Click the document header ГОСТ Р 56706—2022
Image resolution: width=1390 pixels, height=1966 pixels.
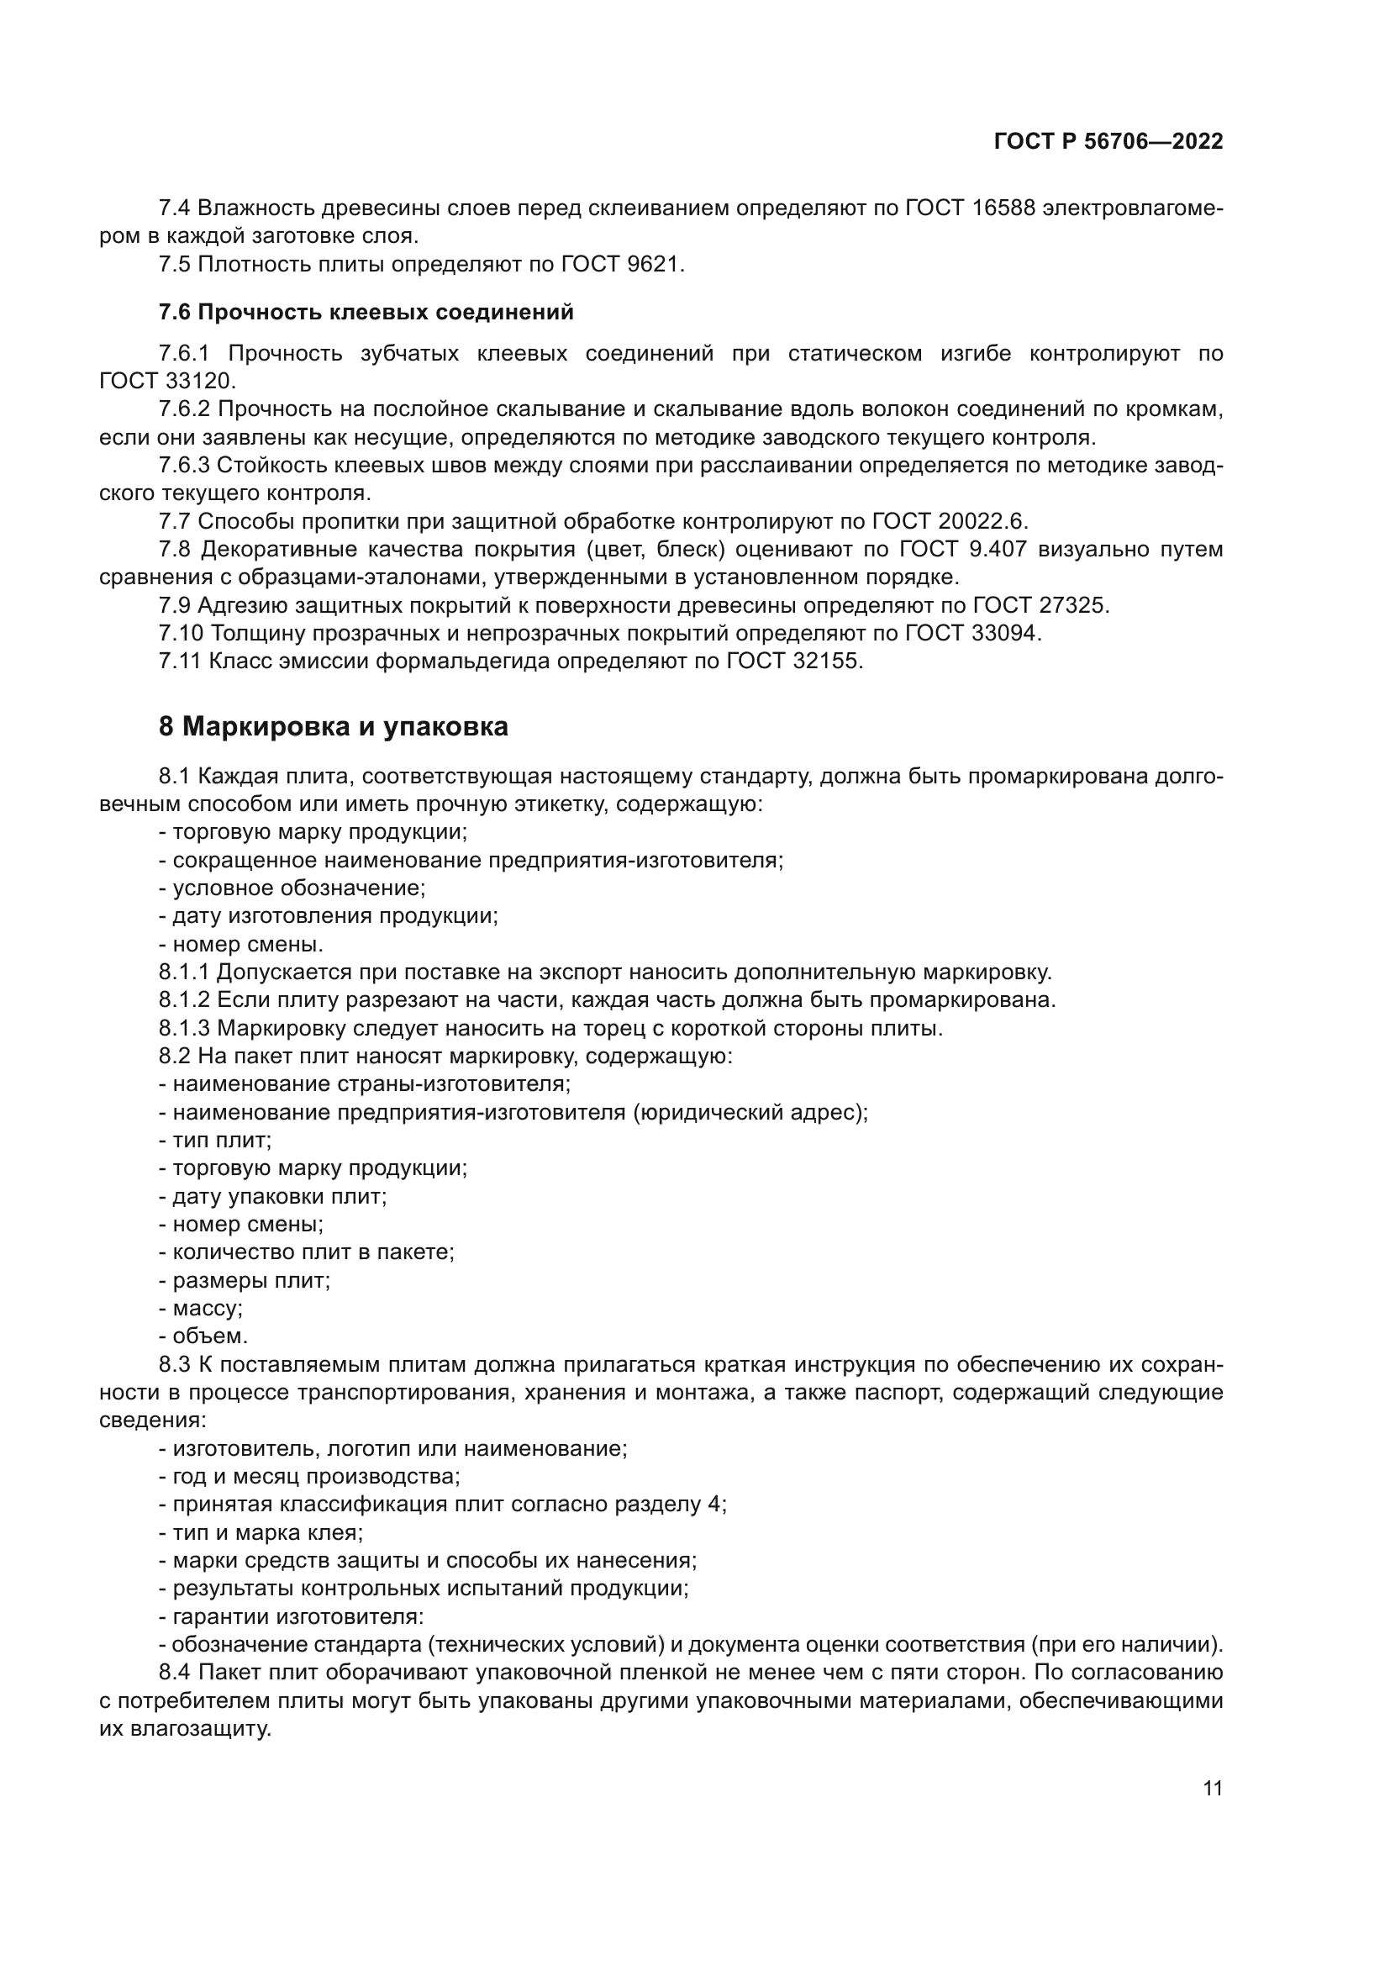click(1108, 142)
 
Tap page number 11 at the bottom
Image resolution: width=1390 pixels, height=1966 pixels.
click(1212, 1788)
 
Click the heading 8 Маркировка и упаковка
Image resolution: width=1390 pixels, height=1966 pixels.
click(333, 727)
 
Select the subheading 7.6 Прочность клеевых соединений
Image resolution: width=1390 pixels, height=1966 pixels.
click(366, 313)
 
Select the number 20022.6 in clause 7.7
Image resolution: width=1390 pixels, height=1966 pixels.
click(982, 521)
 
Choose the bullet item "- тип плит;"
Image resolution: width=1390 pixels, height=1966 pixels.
click(215, 1141)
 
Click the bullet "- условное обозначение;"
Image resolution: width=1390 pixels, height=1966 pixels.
click(292, 888)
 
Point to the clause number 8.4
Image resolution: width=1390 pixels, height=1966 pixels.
click(176, 1673)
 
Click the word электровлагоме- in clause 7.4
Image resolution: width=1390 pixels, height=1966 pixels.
click(1132, 208)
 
